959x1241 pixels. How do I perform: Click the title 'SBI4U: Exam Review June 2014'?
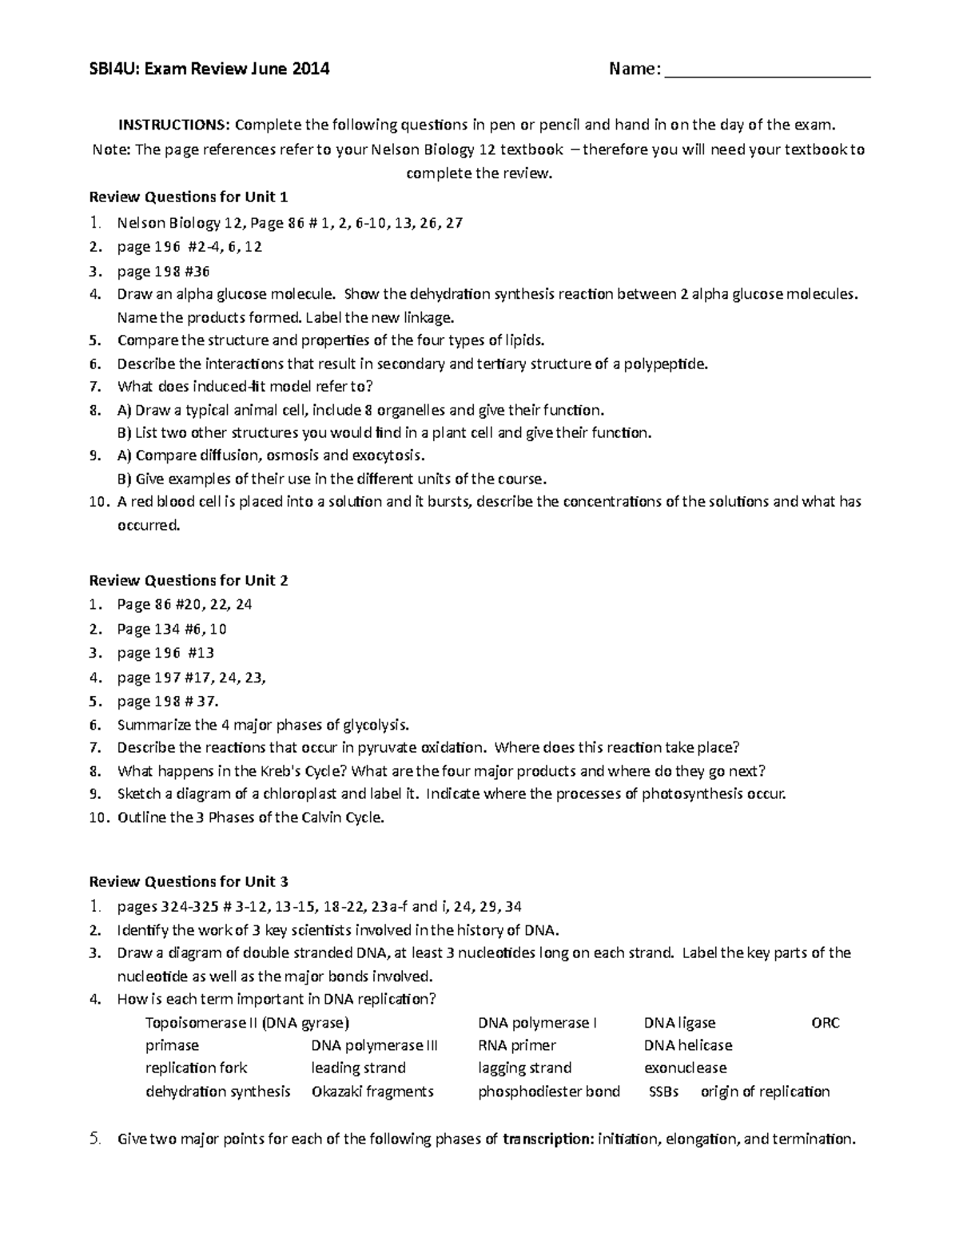tap(209, 70)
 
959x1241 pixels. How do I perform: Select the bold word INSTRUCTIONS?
tap(174, 125)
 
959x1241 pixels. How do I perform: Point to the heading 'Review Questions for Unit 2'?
tap(188, 580)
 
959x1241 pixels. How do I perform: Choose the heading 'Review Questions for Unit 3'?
tap(188, 881)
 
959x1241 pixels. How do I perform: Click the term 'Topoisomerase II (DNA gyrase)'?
tap(247, 1023)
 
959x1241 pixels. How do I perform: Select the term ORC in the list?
tap(825, 1023)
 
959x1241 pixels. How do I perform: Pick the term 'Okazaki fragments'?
tap(372, 1092)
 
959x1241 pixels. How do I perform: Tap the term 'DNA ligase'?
tap(679, 1023)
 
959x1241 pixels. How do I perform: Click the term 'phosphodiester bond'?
tap(548, 1092)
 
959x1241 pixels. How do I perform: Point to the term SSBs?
tap(663, 1092)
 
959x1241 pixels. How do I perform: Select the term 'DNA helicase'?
tap(687, 1045)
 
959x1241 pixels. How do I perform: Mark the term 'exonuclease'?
tap(685, 1068)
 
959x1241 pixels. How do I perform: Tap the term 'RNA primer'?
tap(516, 1045)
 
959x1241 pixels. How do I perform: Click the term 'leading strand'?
tap(358, 1068)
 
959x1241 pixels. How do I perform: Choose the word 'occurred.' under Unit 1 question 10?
tap(149, 525)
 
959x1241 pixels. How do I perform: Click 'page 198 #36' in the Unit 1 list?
tap(163, 271)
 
